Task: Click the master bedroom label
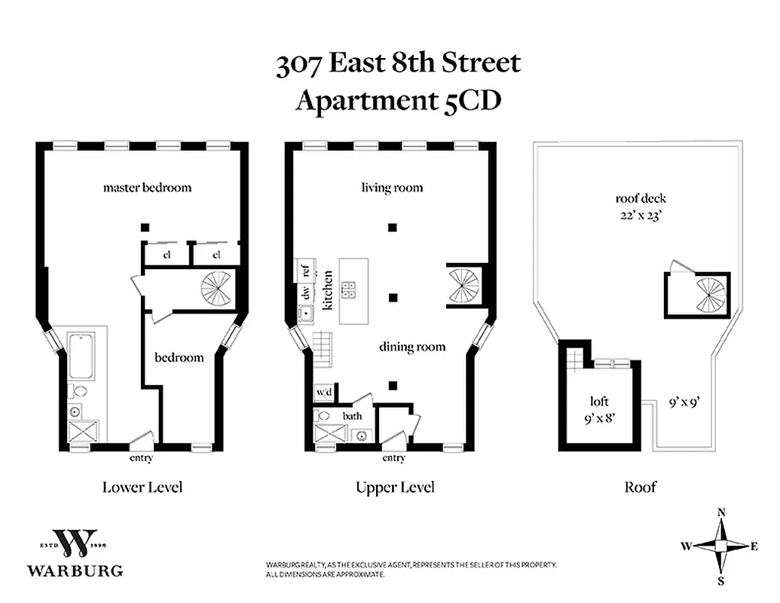(x=147, y=187)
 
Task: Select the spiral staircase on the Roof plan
(x=710, y=295)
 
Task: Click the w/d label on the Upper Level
(x=324, y=393)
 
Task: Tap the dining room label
(x=411, y=347)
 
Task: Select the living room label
(x=392, y=187)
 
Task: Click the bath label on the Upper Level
(x=352, y=415)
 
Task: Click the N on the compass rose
(x=721, y=513)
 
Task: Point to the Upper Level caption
(x=395, y=487)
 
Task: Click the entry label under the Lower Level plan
(x=142, y=458)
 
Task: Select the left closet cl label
(x=167, y=254)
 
